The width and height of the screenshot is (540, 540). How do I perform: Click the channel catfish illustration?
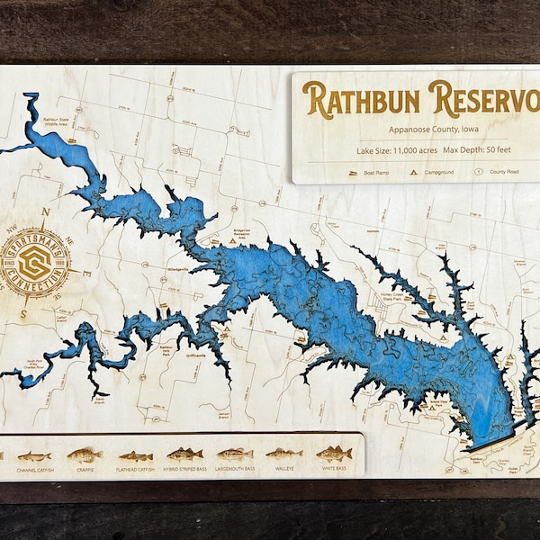point(34,456)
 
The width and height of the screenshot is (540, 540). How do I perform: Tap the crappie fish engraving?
point(85,454)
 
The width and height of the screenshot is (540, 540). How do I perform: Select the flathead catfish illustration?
point(135,456)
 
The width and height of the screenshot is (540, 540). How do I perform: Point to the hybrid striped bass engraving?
point(184,454)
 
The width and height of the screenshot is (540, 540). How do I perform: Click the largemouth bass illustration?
point(234,454)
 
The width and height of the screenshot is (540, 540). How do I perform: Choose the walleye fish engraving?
point(283,454)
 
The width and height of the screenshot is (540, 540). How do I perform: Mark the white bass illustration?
point(333,454)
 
